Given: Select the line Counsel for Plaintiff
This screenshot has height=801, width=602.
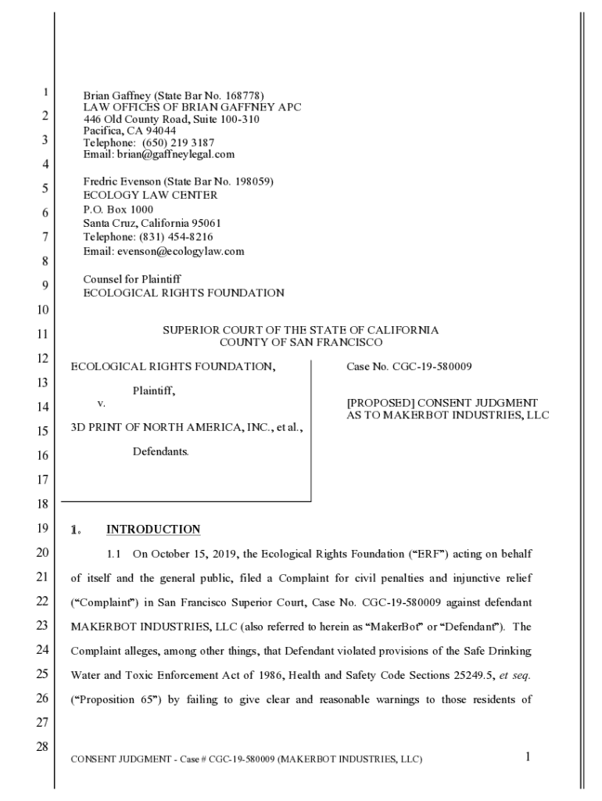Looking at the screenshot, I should pyautogui.click(x=132, y=278).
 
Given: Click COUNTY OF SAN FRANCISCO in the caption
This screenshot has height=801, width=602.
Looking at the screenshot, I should pyautogui.click(x=301, y=342).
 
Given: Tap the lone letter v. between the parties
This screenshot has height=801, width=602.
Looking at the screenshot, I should pyautogui.click(x=101, y=403).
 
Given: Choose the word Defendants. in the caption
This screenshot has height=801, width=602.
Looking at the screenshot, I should pyautogui.click(x=160, y=451).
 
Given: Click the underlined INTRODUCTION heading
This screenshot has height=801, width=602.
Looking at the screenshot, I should pyautogui.click(x=153, y=530).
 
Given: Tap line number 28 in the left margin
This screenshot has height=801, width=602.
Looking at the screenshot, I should pyautogui.click(x=42, y=747).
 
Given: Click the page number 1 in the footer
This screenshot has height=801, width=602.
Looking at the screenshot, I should pyautogui.click(x=529, y=756).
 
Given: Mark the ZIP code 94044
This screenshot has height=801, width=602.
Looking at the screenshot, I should pyautogui.click(x=159, y=131).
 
